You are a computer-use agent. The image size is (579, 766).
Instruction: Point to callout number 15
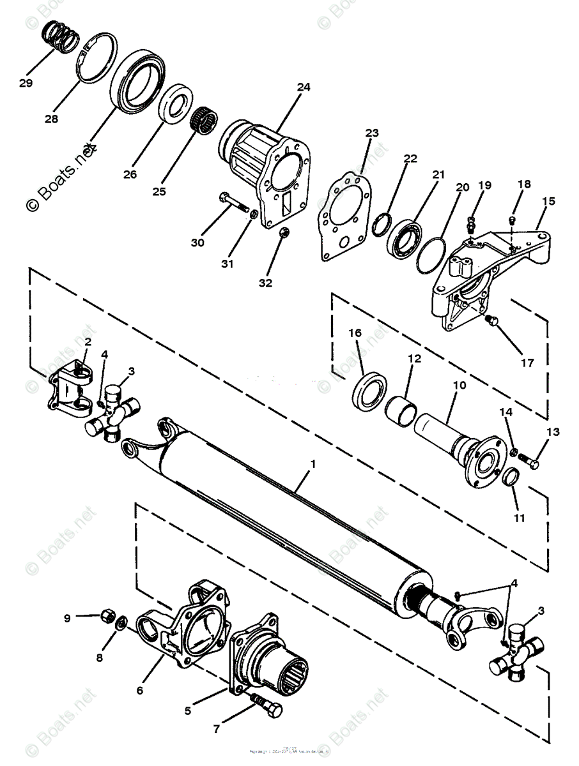(x=548, y=201)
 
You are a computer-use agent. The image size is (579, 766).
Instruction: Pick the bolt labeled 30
(x=234, y=203)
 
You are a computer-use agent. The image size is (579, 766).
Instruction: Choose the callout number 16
(x=355, y=333)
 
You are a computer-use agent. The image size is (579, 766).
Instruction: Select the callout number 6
(x=140, y=690)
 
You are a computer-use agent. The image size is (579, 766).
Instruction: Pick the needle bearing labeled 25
(x=205, y=119)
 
